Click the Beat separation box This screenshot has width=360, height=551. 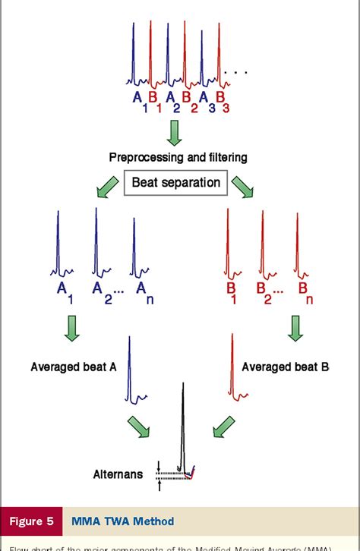coord(175,182)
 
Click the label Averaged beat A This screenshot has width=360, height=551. coord(73,367)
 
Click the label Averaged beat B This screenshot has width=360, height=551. coord(285,367)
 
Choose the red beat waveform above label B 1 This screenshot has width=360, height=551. coord(229,243)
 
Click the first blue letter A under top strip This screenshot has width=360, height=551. coord(137,96)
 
